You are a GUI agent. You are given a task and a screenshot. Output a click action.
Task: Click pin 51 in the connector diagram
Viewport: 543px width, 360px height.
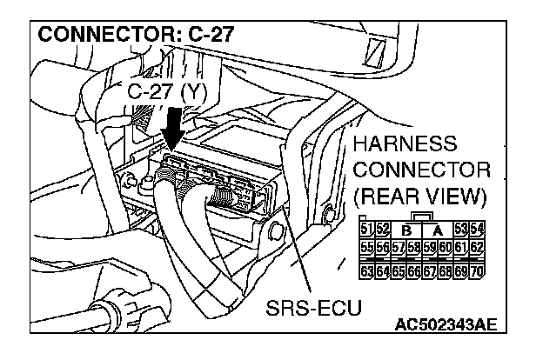pyautogui.click(x=365, y=230)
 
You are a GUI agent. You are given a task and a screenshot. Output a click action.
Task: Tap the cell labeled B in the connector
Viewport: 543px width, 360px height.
pyautogui.click(x=406, y=230)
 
